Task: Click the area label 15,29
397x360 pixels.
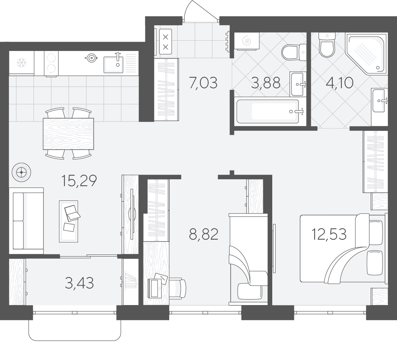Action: click(x=79, y=181)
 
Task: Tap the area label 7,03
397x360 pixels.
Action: click(x=203, y=83)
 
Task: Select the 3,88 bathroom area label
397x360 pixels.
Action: click(x=266, y=83)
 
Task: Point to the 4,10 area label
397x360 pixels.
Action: click(x=340, y=83)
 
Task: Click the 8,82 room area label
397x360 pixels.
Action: click(x=204, y=235)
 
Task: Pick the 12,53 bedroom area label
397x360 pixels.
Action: click(x=329, y=234)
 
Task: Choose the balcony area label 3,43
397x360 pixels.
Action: click(x=79, y=283)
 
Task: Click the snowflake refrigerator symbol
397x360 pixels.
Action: click(x=22, y=63)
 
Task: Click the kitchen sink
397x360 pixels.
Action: click(x=113, y=64)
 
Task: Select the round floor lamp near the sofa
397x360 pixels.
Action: click(x=21, y=172)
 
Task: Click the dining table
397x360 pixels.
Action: click(x=68, y=134)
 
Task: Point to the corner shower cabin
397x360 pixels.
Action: click(x=366, y=53)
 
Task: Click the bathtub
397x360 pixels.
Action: click(x=270, y=111)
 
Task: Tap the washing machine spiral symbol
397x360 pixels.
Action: click(x=247, y=41)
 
